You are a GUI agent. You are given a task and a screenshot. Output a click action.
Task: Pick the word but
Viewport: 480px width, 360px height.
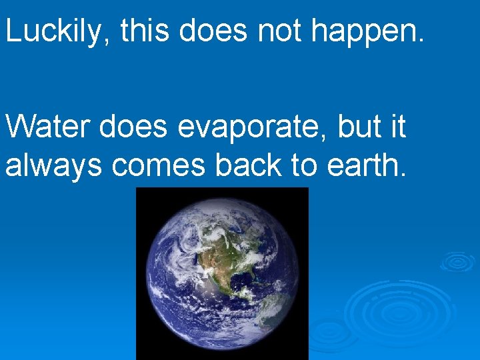(x=360, y=127)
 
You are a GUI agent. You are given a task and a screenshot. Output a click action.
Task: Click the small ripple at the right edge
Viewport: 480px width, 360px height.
(x=457, y=261)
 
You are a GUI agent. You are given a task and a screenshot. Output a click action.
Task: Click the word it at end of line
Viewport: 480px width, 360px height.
(x=398, y=127)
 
